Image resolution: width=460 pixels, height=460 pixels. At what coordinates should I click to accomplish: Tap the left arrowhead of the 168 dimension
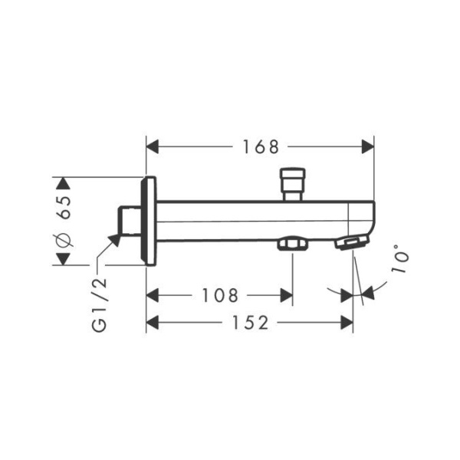tap(152, 146)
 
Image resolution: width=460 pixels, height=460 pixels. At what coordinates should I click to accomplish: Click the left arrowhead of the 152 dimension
tap(152, 324)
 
